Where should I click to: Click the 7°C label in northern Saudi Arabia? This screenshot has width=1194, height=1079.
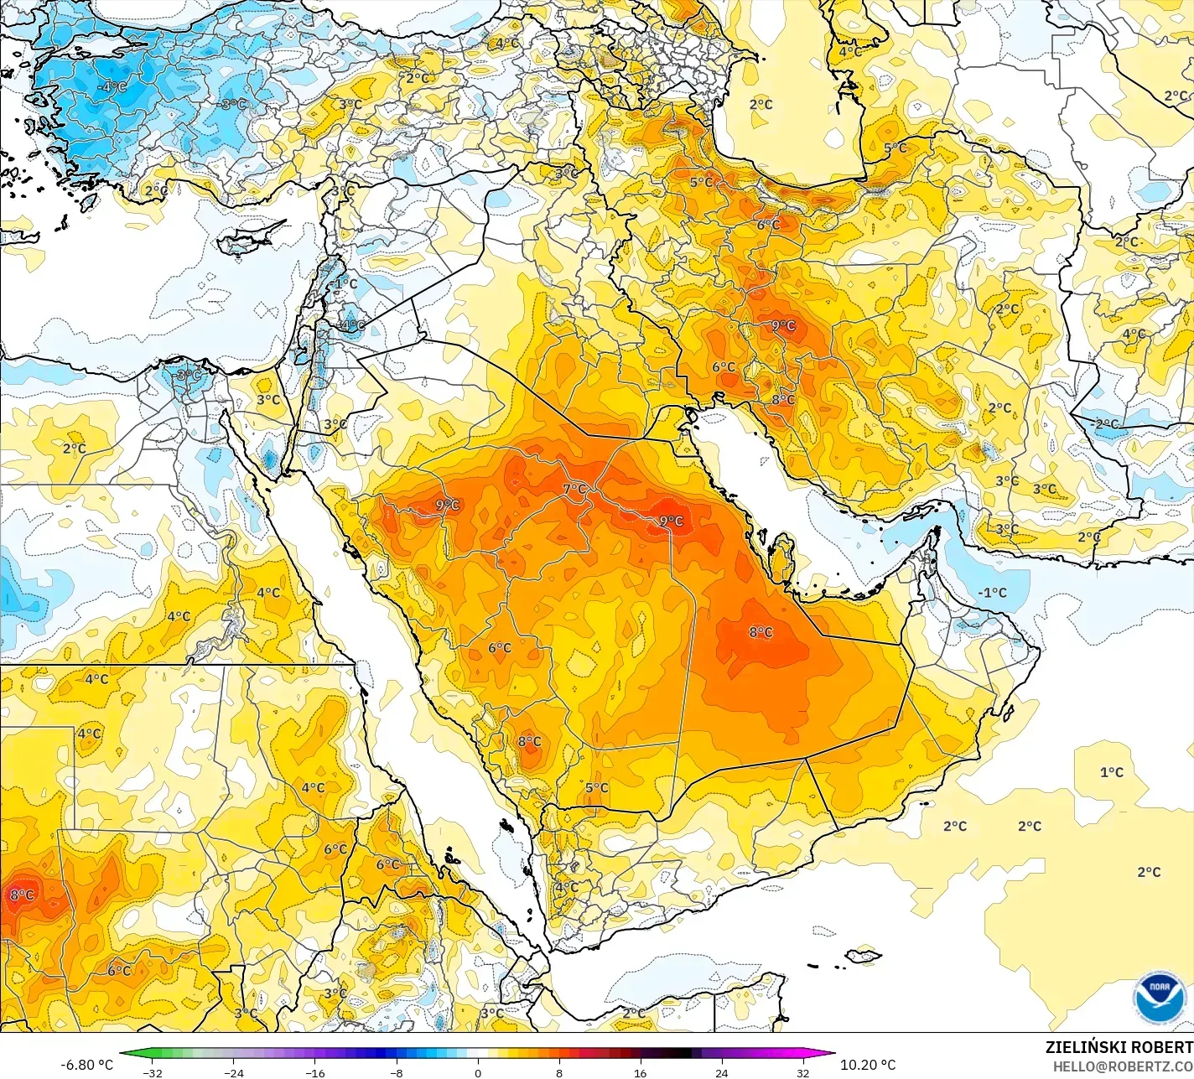pyautogui.click(x=574, y=490)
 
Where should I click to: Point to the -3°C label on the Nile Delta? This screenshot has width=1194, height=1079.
pyautogui.click(x=189, y=375)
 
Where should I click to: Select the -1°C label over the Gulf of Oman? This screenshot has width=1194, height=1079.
pyautogui.click(x=992, y=593)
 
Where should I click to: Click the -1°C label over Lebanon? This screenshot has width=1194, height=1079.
pyautogui.click(x=343, y=284)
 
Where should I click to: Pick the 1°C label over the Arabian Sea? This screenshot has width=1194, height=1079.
pyautogui.click(x=1112, y=772)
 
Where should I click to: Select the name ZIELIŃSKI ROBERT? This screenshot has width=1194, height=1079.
pyautogui.click(x=1119, y=1047)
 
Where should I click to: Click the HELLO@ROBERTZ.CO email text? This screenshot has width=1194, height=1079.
pyautogui.click(x=1123, y=1066)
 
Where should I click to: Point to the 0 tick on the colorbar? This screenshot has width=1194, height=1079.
pyautogui.click(x=478, y=1072)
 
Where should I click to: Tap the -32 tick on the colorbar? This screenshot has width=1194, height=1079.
pyautogui.click(x=152, y=1072)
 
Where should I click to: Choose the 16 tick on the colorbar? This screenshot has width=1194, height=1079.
pyautogui.click(x=640, y=1072)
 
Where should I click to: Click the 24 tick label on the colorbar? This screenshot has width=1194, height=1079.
pyautogui.click(x=721, y=1072)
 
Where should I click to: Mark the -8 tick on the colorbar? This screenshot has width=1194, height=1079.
pyautogui.click(x=397, y=1072)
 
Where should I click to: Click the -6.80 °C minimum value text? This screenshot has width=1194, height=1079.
pyautogui.click(x=86, y=1065)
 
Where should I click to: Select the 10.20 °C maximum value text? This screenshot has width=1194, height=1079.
pyautogui.click(x=868, y=1065)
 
